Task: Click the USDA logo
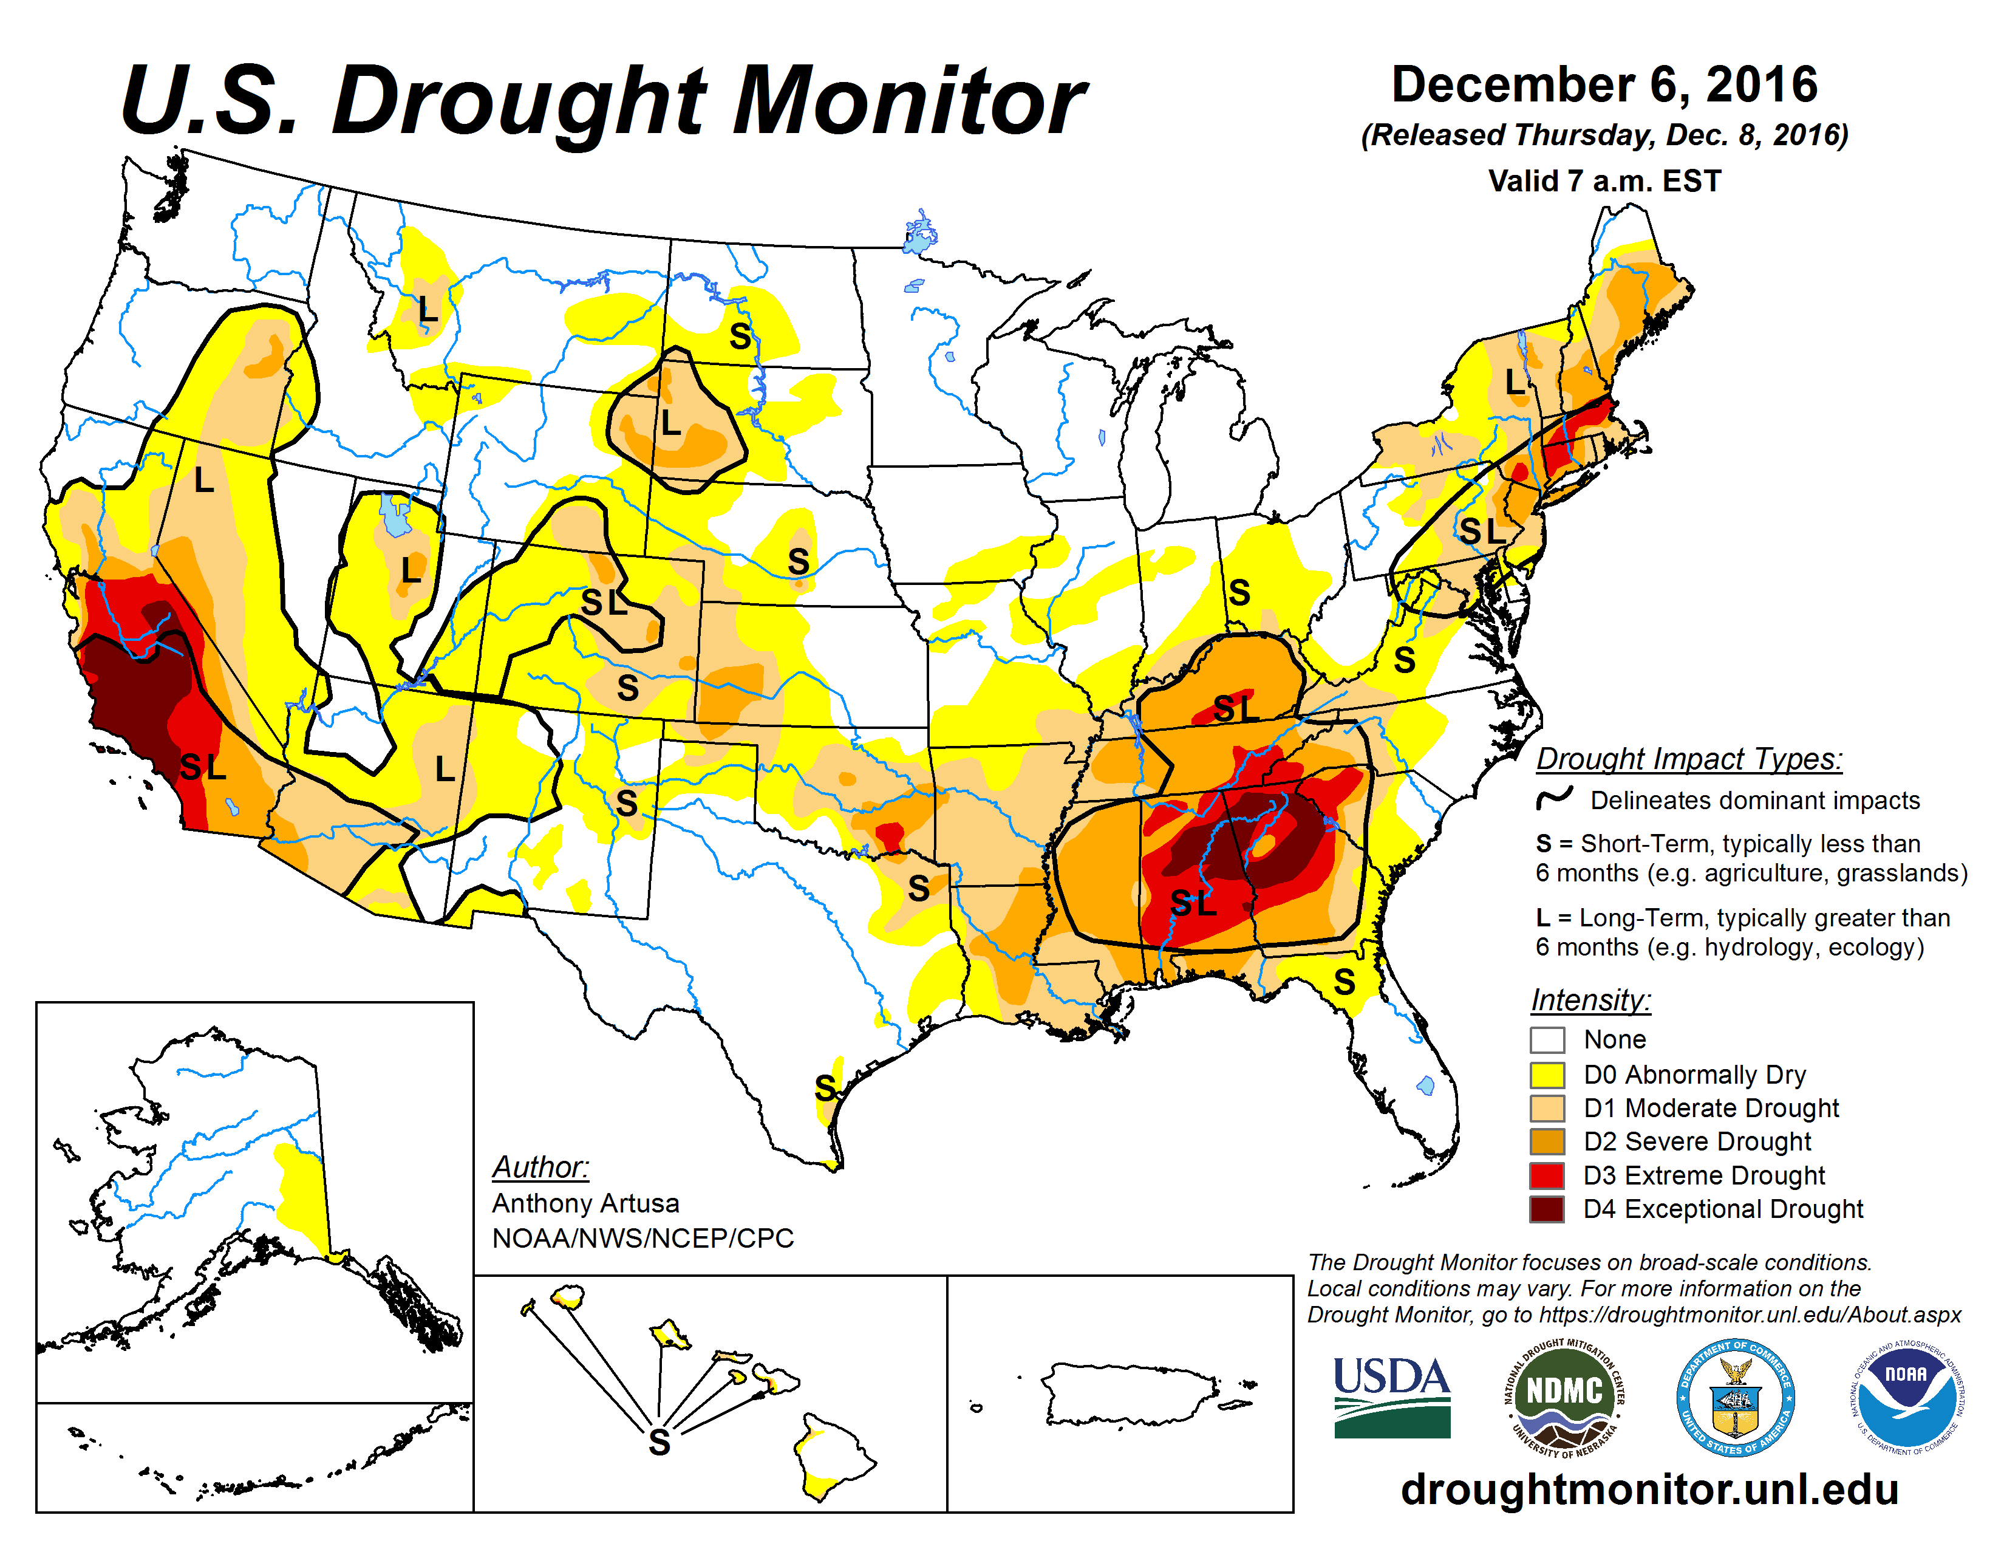(x=1391, y=1397)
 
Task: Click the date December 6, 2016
(x=1604, y=84)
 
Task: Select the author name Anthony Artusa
(x=585, y=1203)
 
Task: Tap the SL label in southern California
(x=203, y=767)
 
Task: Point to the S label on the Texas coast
(x=825, y=1089)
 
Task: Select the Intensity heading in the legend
(x=1590, y=999)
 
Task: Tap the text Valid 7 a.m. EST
(x=1604, y=181)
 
